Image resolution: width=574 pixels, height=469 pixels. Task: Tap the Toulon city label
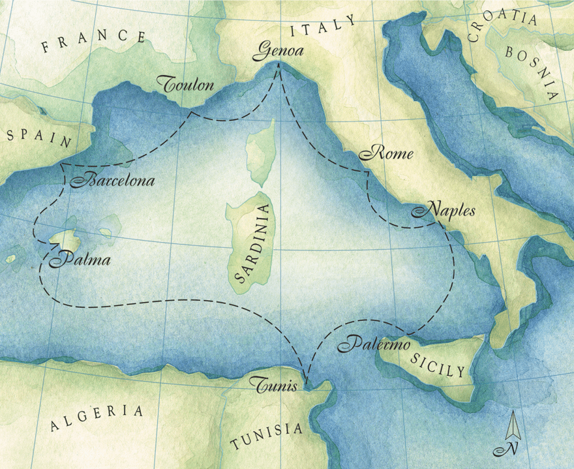186,85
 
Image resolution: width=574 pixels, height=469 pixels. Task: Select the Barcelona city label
112,181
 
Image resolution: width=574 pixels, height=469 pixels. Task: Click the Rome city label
386,154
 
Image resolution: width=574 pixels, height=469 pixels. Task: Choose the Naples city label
443,211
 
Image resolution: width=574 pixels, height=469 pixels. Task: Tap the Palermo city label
374,344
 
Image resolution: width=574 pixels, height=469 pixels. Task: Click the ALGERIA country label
97,418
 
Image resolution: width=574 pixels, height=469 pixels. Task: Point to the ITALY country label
323,28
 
